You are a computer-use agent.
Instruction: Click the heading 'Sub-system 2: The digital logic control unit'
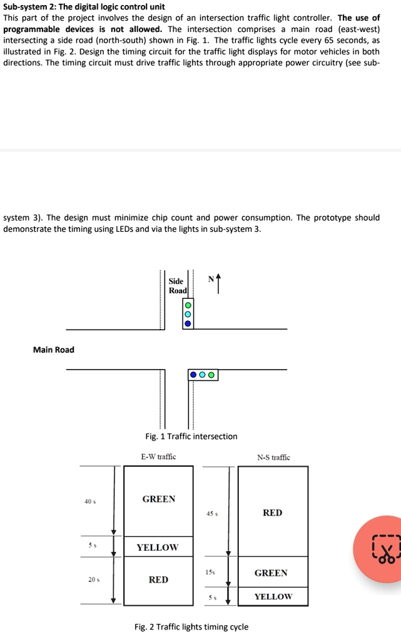pos(84,7)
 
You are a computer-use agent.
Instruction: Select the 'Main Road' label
pos(54,350)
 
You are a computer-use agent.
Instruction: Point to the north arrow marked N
pos(216,280)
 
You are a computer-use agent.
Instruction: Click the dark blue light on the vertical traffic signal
pos(187,324)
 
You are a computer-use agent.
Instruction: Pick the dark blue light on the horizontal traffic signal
pos(194,375)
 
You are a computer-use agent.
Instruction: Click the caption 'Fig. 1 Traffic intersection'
pos(191,436)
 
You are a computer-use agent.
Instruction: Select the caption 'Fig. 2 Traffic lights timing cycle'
pos(191,626)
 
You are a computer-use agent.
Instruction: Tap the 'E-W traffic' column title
pos(158,457)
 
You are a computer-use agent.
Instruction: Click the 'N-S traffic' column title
pos(273,457)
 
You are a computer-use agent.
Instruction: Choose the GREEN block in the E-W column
pos(159,500)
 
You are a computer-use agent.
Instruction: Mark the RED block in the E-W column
pos(158,580)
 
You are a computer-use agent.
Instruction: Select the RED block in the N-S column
pos(273,512)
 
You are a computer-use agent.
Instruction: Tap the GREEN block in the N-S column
pos(272,573)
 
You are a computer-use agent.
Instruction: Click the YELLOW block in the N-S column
pos(272,596)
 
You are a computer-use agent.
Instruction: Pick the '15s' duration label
pos(210,573)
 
